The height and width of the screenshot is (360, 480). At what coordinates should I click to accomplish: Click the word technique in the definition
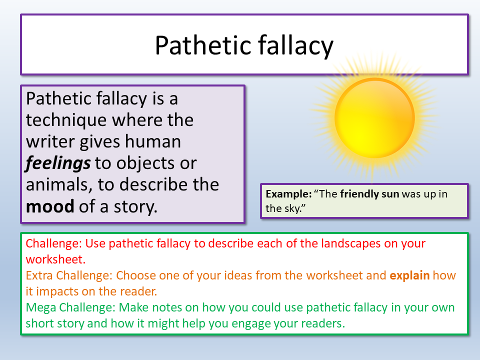(x=66, y=120)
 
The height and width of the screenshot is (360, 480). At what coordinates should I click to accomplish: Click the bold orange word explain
(x=409, y=275)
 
